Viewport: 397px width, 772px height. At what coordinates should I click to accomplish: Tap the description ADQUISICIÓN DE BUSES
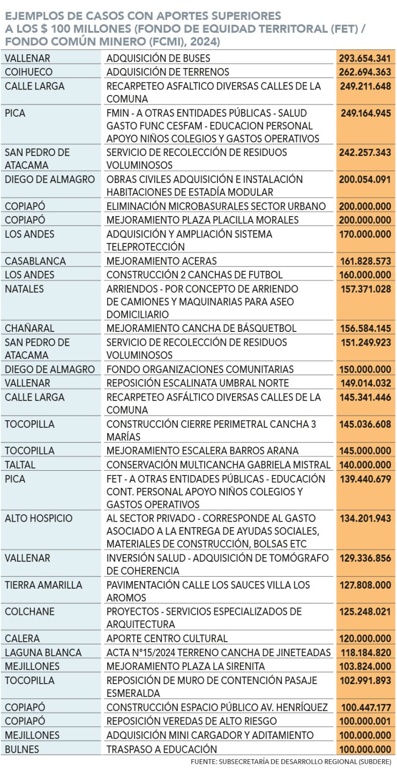pyautogui.click(x=158, y=58)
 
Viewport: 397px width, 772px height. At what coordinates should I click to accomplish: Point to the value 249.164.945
pyautogui.click(x=365, y=113)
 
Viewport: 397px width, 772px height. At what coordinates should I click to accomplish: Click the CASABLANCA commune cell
pyautogui.click(x=35, y=261)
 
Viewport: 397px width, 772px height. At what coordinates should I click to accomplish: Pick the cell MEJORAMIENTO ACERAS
pyautogui.click(x=161, y=261)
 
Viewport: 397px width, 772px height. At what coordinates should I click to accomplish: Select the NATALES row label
pyautogui.click(x=25, y=289)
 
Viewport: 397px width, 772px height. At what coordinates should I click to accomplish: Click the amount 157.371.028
pyautogui.click(x=365, y=289)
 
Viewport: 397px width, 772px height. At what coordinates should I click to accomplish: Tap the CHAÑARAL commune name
pyautogui.click(x=29, y=328)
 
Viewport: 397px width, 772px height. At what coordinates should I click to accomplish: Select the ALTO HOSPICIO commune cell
pyautogui.click(x=39, y=518)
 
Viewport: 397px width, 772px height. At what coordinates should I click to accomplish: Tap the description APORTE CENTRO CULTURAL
pyautogui.click(x=167, y=639)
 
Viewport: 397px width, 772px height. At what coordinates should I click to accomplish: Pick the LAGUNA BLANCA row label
pyautogui.click(x=43, y=652)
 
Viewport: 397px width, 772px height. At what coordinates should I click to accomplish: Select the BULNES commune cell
pyautogui.click(x=22, y=749)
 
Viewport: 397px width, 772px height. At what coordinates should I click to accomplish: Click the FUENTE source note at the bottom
pyautogui.click(x=291, y=762)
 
